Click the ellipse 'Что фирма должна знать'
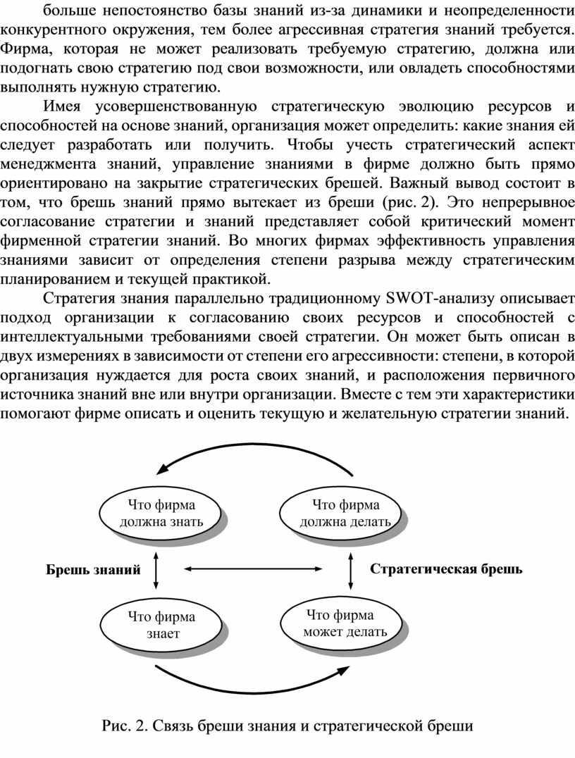tap(161, 513)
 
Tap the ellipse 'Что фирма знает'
tap(161, 624)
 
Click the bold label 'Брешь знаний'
tap(92, 570)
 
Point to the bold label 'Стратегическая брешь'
tap(446, 569)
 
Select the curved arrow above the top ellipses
tap(254, 448)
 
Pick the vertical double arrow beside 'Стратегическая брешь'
tap(351, 569)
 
